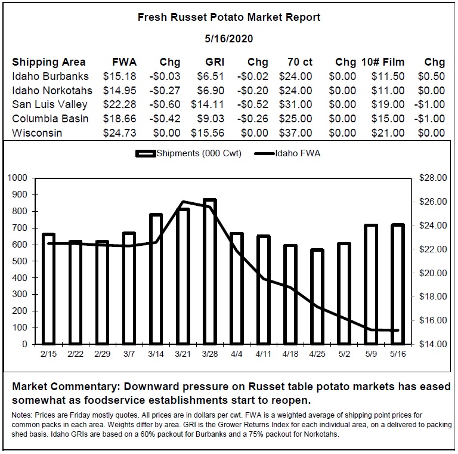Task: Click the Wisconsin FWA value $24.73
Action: (x=119, y=133)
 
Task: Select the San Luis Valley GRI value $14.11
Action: (x=208, y=104)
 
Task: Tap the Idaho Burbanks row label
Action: (x=50, y=76)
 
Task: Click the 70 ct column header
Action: (x=300, y=62)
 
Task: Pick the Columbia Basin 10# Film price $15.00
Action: (x=388, y=119)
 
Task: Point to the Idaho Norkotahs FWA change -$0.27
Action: (x=165, y=90)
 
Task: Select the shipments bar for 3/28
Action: (x=210, y=271)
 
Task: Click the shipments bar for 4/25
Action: (x=317, y=297)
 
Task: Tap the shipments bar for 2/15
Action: (x=48, y=289)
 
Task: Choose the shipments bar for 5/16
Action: (x=398, y=284)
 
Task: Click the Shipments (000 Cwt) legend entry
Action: (x=188, y=153)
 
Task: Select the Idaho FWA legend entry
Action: (x=287, y=153)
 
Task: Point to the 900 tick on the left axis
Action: (x=20, y=194)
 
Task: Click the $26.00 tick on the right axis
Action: (x=433, y=202)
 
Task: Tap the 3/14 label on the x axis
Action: (x=156, y=354)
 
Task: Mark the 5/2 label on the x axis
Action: (x=344, y=354)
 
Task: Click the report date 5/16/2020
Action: (x=229, y=39)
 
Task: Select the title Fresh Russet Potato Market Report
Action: (x=229, y=17)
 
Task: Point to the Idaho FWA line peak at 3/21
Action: (x=183, y=202)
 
